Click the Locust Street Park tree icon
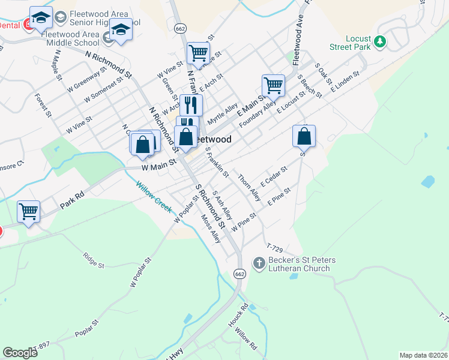[x=379, y=41]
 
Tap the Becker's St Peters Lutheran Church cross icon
[x=259, y=263]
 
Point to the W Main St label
[x=158, y=162]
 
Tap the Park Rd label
[x=72, y=202]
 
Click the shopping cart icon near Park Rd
[x=28, y=211]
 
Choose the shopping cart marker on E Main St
[x=273, y=85]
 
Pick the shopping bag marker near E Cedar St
[x=304, y=136]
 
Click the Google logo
[x=20, y=352]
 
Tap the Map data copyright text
[x=424, y=355]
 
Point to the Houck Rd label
[x=238, y=315]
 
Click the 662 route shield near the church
[x=240, y=274]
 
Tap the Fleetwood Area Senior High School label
[x=104, y=19]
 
